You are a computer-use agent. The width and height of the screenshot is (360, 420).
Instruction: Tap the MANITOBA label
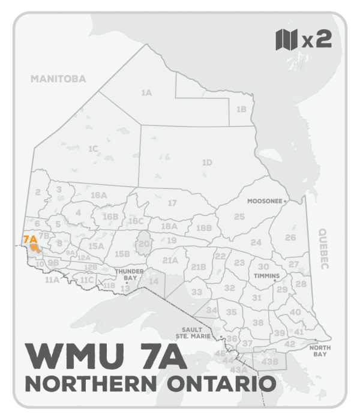click(x=59, y=79)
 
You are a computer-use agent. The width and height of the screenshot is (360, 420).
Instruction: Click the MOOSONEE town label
click(x=265, y=202)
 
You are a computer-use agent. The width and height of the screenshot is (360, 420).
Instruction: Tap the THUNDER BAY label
click(x=127, y=275)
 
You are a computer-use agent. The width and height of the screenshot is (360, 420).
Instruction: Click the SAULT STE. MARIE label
click(x=196, y=333)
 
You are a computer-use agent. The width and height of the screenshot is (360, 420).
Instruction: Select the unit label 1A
click(x=146, y=93)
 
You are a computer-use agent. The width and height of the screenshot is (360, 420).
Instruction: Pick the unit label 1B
click(x=241, y=109)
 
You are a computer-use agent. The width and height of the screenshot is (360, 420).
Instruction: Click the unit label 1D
click(x=207, y=162)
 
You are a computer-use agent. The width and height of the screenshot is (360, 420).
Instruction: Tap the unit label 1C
click(x=93, y=148)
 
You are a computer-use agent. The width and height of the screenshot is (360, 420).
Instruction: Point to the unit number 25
click(x=239, y=216)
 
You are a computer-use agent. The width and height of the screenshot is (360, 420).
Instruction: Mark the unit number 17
click(x=172, y=203)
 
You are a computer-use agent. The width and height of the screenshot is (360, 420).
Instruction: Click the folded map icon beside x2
click(x=286, y=41)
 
